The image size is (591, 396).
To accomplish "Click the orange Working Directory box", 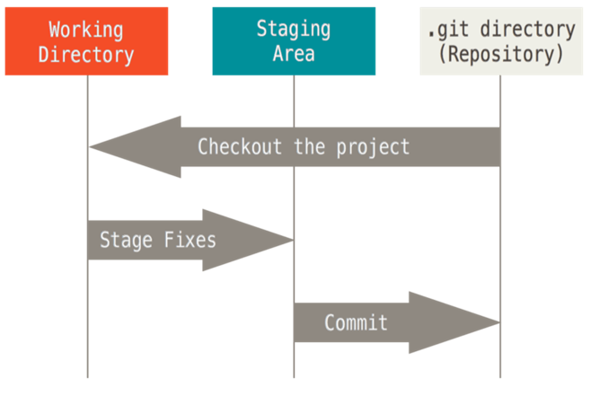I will (87, 42).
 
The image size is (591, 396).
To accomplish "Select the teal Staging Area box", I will (293, 42).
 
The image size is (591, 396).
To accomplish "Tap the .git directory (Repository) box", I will (500, 42).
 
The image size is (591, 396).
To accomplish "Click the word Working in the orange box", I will (87, 30).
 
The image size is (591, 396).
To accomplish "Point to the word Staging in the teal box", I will (293, 30).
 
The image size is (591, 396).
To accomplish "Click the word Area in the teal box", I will (293, 54).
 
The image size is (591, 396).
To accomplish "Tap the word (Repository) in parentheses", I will (500, 54).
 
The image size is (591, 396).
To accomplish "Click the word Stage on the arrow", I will (125, 241).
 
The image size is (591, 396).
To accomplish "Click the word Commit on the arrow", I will (357, 322).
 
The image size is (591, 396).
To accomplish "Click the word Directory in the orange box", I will (87, 54).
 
